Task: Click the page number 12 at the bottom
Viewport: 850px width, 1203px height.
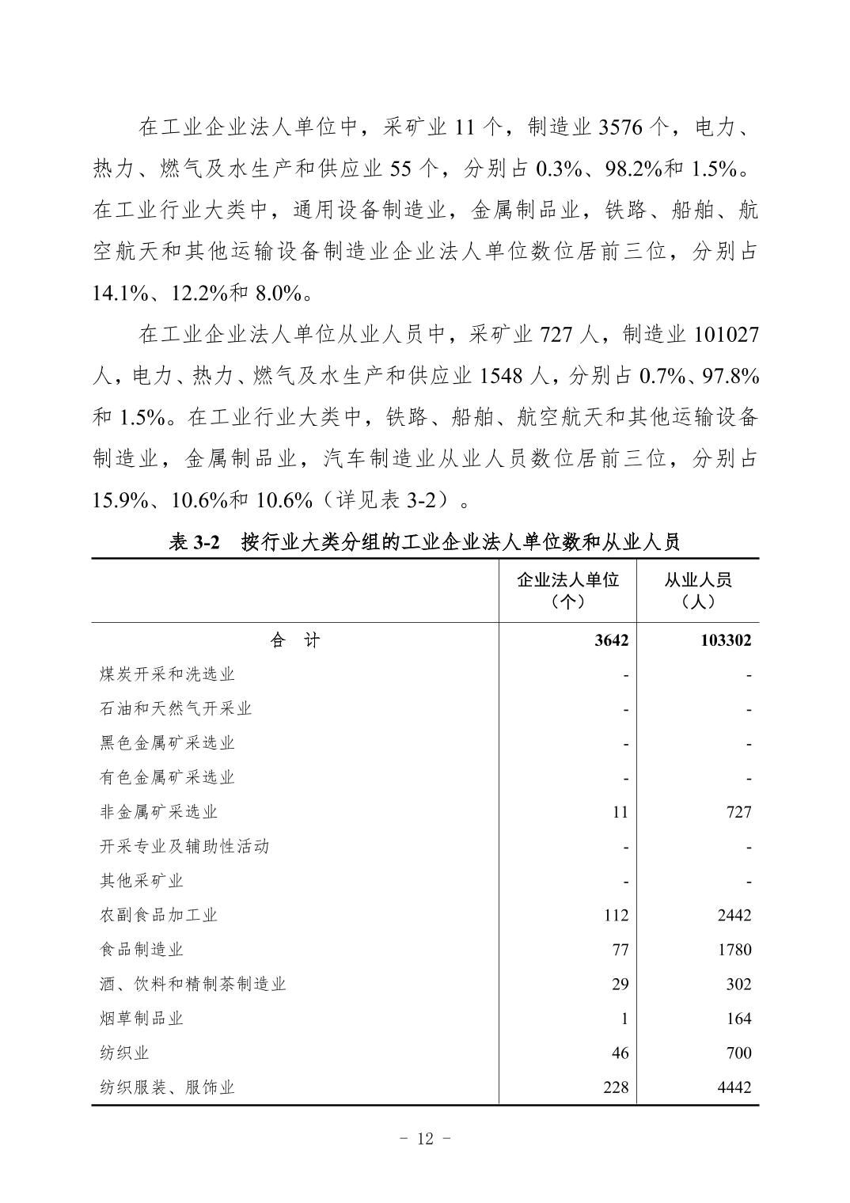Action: [x=425, y=1139]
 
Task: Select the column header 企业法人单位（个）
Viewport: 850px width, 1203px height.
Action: [x=567, y=590]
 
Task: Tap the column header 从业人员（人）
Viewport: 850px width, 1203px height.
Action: [x=697, y=590]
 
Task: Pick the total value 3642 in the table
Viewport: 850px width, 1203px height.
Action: [x=612, y=640]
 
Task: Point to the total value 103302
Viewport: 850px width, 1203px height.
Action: [x=726, y=640]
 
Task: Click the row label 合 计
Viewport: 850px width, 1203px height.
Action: [x=294, y=640]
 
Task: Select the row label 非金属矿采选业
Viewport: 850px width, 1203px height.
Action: [x=158, y=812]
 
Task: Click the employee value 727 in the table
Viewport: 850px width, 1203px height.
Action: [x=738, y=812]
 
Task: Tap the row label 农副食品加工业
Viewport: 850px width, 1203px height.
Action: [x=158, y=915]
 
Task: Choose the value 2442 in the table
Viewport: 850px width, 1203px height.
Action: [x=734, y=916]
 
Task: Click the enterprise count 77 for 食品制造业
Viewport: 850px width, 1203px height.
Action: [x=620, y=950]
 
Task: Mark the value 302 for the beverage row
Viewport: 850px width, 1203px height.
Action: [x=738, y=985]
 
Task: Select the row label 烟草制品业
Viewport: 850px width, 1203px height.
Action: [x=142, y=1019]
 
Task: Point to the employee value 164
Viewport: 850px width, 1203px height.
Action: [x=738, y=1019]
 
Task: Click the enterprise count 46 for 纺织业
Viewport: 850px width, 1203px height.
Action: [x=620, y=1053]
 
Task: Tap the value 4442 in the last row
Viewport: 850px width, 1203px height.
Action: [x=734, y=1087]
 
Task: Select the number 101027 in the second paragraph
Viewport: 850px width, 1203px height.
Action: [x=726, y=335]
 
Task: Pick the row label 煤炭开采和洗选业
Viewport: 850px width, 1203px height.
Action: [x=167, y=674]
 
